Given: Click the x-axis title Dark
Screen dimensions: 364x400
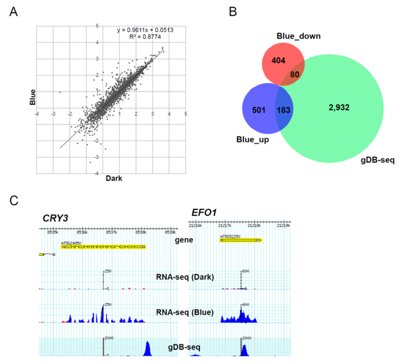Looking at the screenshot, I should coord(114,179).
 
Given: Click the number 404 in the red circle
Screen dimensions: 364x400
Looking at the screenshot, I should coord(276,61).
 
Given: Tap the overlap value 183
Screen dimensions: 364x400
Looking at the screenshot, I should coord(283,110).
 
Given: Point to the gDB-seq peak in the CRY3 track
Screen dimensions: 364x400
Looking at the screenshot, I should coord(148,348).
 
